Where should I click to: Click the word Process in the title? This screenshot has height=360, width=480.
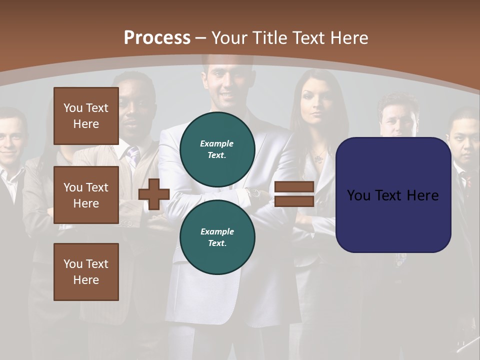(157, 37)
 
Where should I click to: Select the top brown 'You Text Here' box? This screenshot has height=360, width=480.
(86, 116)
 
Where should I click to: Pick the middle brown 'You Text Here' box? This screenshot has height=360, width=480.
(86, 195)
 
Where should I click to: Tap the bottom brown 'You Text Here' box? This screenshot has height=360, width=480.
(86, 272)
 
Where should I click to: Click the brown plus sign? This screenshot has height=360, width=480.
(154, 194)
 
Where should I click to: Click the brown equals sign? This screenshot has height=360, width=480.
(294, 194)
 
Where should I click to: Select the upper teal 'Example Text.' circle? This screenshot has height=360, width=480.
(217, 149)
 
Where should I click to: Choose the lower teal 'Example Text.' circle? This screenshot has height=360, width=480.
(217, 237)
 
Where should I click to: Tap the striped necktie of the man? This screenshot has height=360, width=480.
(133, 156)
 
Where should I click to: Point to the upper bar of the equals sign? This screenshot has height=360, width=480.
(294, 187)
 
